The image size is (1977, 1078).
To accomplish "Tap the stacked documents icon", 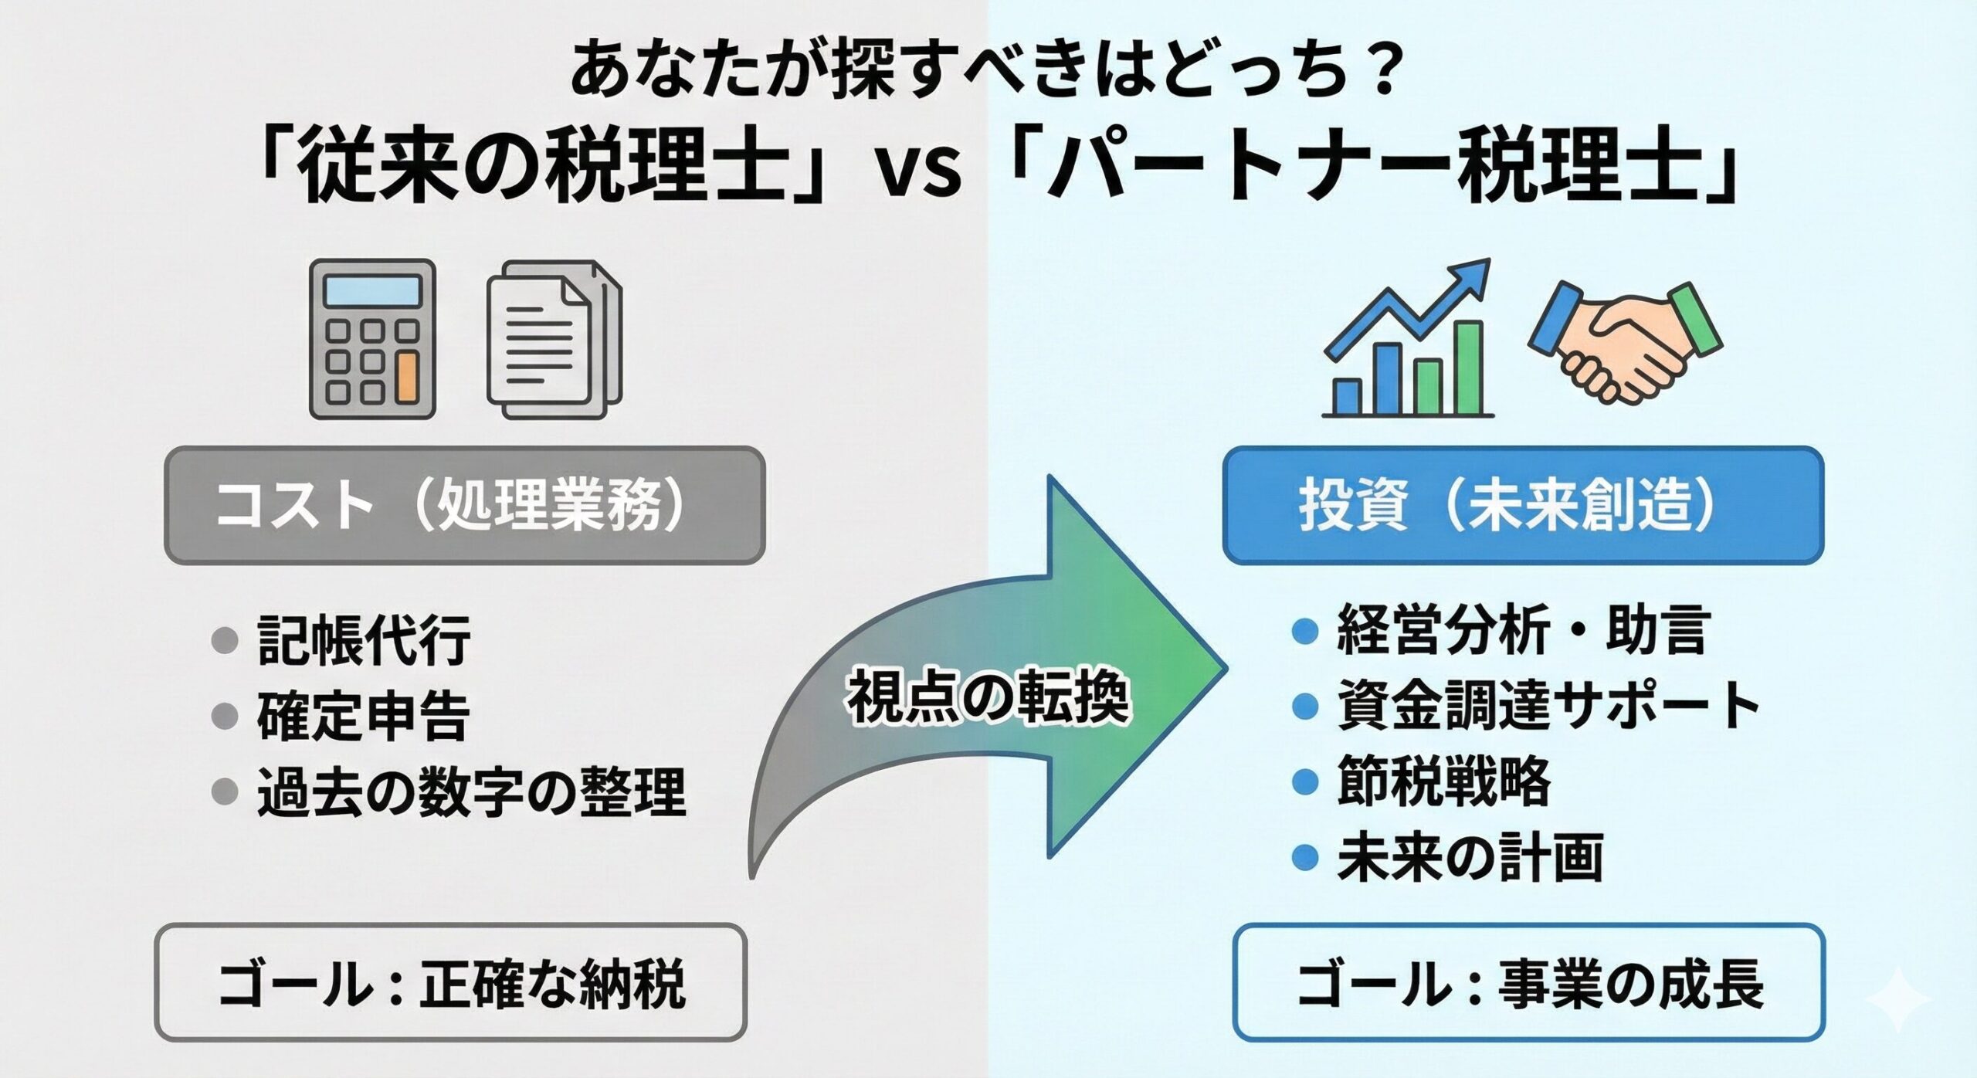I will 554,340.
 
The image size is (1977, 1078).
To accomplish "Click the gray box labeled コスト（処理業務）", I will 464,506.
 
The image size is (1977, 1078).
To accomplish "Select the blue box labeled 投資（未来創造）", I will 1522,506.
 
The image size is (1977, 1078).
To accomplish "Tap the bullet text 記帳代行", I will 363,640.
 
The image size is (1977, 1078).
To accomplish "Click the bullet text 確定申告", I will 363,717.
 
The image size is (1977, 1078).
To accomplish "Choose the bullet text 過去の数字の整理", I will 471,792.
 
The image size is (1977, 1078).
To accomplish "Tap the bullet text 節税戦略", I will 1443,781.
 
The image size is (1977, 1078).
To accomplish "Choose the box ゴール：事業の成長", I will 1528,983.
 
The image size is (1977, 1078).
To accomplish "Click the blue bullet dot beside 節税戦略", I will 1304,781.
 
